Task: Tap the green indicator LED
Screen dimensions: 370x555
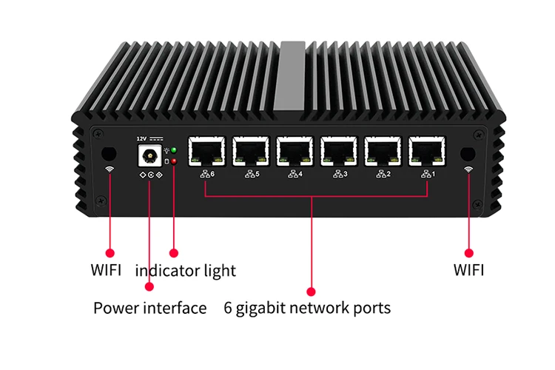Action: [x=174, y=150]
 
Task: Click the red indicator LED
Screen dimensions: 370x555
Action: [x=174, y=161]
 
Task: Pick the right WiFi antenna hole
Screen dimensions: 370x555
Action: [x=468, y=153]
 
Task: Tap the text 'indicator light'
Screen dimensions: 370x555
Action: [x=185, y=271]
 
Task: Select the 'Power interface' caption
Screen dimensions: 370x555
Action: [x=149, y=308]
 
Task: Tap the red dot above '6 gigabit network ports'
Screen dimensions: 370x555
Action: [x=311, y=292]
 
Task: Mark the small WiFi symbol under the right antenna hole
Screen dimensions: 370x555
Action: [x=468, y=169]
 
